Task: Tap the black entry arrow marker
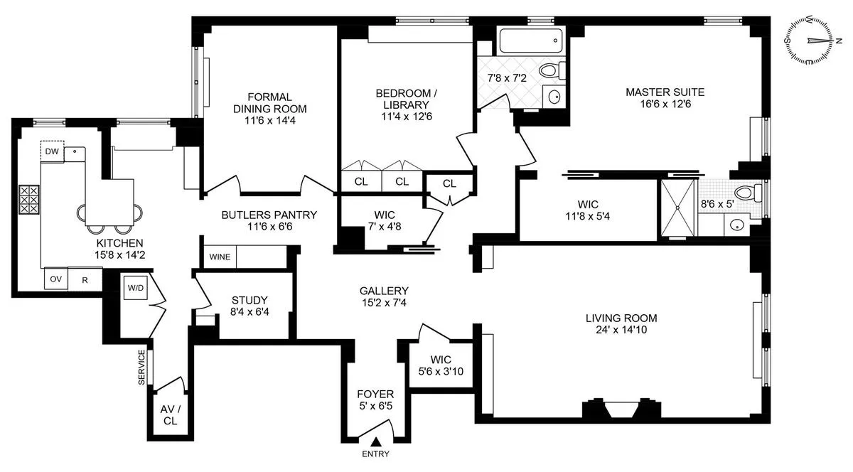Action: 375,443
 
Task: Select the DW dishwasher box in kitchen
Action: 52,151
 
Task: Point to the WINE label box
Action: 219,257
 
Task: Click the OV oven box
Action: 55,279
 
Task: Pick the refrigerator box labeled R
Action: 85,279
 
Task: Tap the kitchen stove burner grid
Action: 29,200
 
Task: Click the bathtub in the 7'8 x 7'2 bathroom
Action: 531,41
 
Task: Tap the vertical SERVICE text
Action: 141,368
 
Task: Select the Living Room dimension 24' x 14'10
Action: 621,329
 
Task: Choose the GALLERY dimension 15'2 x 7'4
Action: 383,303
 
